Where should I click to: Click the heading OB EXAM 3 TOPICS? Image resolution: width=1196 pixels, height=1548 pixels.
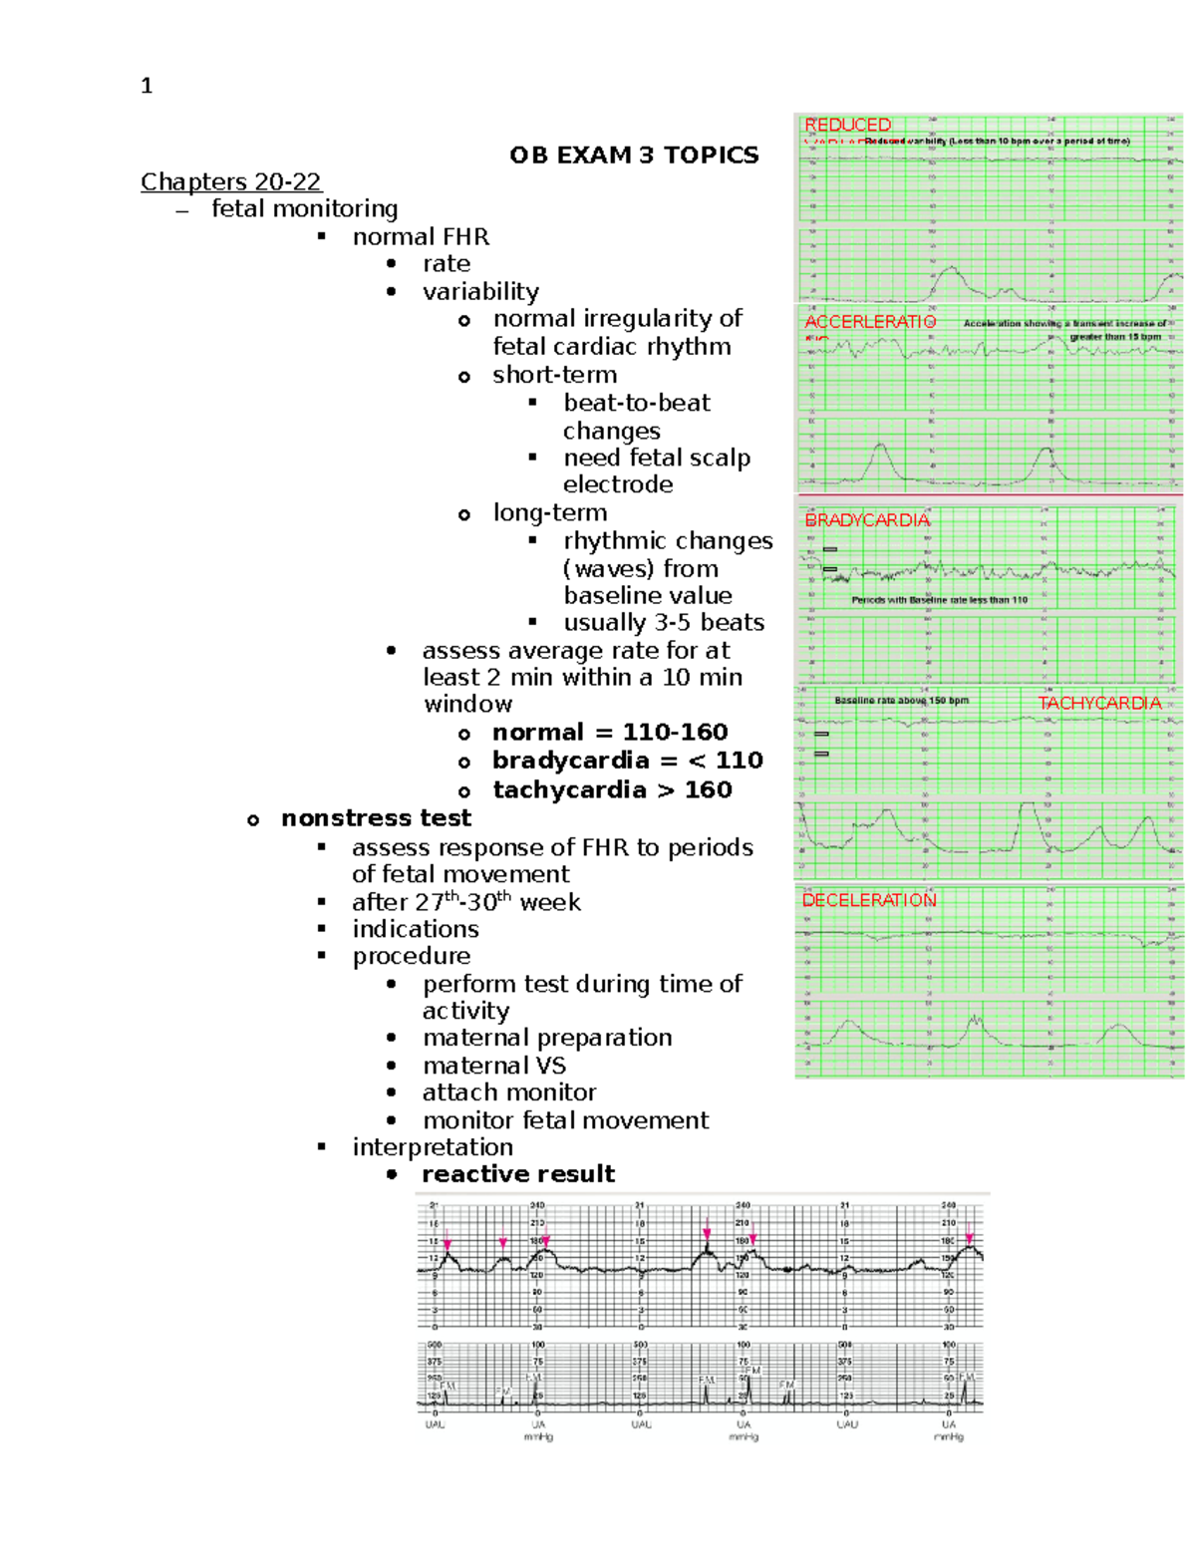634,155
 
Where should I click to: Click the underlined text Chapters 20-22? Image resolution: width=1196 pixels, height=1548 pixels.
230,181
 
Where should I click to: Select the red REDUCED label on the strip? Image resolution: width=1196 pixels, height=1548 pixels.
847,125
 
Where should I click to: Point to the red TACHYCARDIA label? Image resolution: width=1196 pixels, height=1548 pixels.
1099,703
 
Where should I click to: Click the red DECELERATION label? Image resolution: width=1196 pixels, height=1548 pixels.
869,900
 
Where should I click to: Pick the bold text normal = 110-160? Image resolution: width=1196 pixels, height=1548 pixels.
610,733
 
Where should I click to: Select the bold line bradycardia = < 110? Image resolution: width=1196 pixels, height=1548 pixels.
628,761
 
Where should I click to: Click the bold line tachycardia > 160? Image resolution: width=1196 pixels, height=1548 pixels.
612,789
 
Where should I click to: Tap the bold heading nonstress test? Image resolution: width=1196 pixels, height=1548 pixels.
376,818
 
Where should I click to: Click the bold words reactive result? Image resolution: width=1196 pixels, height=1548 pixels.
518,1174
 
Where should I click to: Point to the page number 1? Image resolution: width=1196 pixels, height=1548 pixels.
147,87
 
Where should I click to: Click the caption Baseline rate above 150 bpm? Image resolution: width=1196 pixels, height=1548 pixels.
901,701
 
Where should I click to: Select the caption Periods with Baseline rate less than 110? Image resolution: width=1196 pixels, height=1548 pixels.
939,600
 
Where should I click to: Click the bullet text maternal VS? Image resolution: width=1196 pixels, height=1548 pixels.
493,1066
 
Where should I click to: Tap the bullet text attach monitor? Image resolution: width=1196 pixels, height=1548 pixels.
508,1092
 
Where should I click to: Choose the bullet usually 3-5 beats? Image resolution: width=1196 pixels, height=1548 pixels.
664,623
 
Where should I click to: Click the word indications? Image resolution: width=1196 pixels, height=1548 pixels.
415,929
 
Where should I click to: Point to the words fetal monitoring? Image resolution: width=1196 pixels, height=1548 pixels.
304,208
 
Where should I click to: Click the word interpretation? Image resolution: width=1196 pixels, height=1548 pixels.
433,1147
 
